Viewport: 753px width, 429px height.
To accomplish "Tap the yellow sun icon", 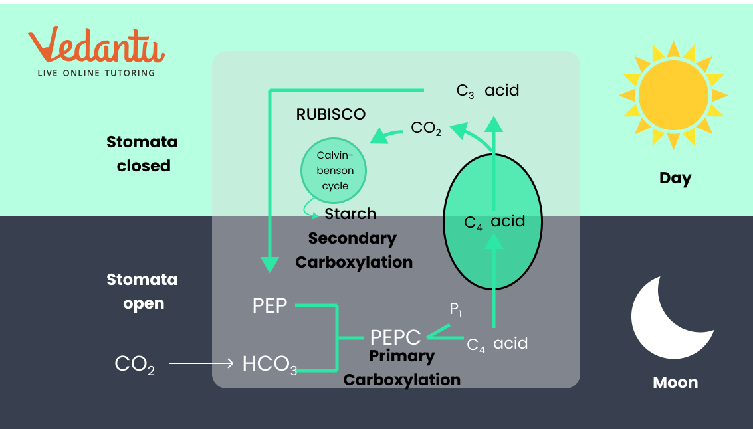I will (673, 95).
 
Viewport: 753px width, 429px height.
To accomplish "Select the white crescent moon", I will (668, 318).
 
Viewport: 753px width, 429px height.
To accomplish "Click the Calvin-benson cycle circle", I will (335, 171).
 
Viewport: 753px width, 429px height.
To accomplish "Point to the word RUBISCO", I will (331, 114).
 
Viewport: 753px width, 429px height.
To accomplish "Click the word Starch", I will (350, 214).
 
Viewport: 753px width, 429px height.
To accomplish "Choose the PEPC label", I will (395, 337).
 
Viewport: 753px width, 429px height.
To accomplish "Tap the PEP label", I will (270, 306).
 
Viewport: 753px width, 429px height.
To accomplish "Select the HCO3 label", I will (269, 365).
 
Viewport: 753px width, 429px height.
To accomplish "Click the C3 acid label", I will (487, 90).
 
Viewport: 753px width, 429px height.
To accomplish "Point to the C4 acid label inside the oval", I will (494, 221).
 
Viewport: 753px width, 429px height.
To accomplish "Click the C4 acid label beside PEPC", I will (497, 343).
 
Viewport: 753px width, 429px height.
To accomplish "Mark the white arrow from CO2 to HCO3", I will (201, 363).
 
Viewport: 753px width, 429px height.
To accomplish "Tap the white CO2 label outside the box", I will (135, 364).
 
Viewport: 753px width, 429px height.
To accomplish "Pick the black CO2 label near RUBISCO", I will (426, 128).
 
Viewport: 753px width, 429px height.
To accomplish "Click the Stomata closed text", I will (143, 153).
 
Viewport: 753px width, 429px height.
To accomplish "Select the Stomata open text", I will (142, 292).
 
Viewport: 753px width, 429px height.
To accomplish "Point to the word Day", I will (675, 178).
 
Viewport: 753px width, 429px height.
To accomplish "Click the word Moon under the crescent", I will (675, 383).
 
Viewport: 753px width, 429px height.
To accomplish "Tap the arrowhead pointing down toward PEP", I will (269, 264).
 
